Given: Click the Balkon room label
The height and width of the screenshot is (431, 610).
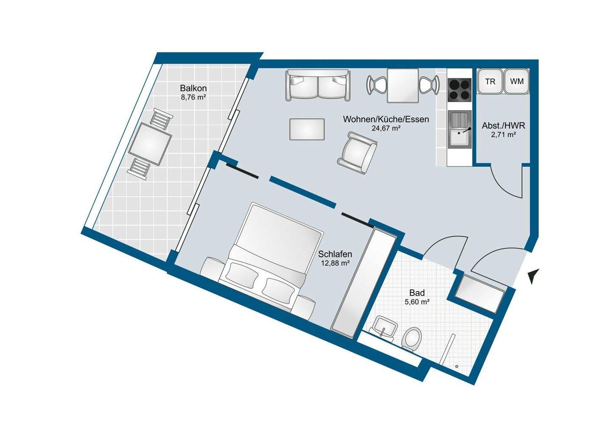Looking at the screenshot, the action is (x=193, y=88).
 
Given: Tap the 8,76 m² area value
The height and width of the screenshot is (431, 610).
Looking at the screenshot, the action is (x=193, y=97).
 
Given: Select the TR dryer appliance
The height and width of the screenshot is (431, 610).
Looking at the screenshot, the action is (x=490, y=81).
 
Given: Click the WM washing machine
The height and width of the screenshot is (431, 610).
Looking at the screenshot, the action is (x=517, y=81).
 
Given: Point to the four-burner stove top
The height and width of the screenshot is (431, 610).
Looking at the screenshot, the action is (x=460, y=89).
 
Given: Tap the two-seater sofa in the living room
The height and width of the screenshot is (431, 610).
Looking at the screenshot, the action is (x=318, y=86).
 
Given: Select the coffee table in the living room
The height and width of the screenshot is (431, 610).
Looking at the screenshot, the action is (x=307, y=129).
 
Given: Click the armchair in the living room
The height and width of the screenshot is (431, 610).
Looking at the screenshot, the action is (x=357, y=153).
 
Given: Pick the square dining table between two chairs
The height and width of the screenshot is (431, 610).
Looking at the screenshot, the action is (x=403, y=85).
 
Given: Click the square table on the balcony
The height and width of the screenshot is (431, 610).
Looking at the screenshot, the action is (x=150, y=144).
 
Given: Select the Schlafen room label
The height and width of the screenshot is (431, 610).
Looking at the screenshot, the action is (x=335, y=254).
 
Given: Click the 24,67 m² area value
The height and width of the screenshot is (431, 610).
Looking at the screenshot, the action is (x=386, y=128).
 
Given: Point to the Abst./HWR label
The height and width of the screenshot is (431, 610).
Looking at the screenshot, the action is (x=504, y=126).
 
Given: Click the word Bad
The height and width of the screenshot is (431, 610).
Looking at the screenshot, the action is (x=417, y=293).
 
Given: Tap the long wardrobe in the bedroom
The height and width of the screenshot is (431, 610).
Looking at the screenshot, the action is (x=364, y=283).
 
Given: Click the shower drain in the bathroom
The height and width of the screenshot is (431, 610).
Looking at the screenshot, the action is (x=457, y=367).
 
